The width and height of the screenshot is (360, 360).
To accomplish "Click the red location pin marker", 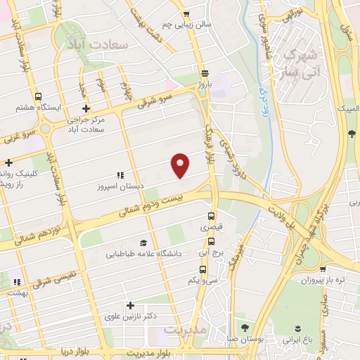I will [181, 165].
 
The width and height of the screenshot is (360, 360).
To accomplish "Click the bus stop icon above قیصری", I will [212, 217].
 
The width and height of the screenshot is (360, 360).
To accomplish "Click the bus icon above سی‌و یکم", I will [203, 269].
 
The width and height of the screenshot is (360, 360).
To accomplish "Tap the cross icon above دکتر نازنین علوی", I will [129, 305].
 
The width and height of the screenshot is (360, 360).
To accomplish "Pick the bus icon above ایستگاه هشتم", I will [37, 96].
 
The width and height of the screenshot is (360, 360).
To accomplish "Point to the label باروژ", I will [204, 84].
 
